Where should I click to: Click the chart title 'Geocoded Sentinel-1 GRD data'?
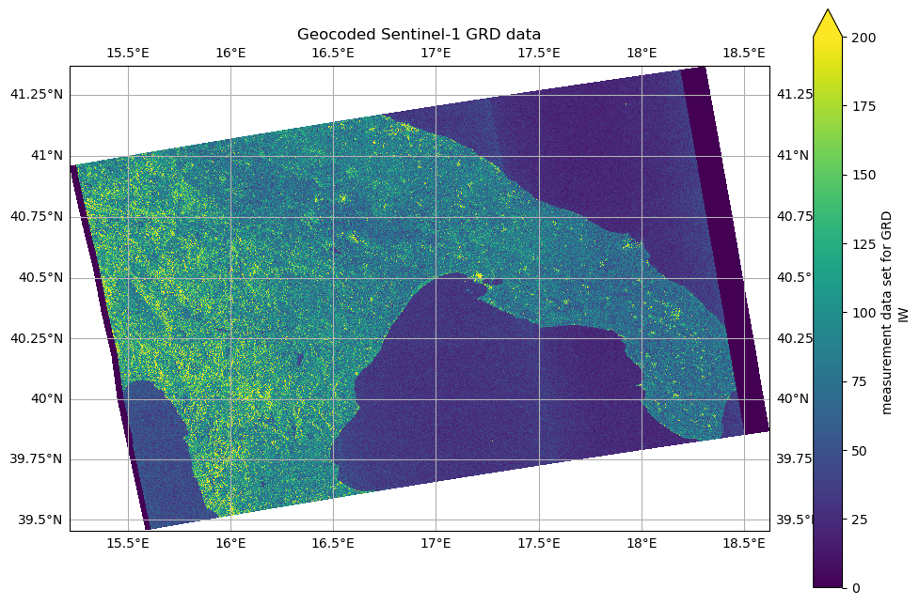coord(419,35)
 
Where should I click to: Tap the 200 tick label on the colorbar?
coord(864,38)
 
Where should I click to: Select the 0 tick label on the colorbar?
coord(854,588)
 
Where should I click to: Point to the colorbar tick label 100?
coord(864,313)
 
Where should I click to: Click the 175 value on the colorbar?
coord(864,106)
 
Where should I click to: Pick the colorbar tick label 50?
coord(860,451)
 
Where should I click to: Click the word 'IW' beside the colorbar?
coord(904,313)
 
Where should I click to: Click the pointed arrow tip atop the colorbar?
coord(827,12)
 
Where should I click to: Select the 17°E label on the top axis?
coord(436,53)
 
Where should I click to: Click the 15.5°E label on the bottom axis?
coord(128,544)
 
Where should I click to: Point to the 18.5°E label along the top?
coord(744,53)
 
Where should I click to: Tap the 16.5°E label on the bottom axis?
coord(333,544)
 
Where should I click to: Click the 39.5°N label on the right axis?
coord(797,520)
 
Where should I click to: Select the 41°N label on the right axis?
coord(791,155)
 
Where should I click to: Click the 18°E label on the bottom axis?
coord(642,544)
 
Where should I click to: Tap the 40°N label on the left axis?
coord(47,398)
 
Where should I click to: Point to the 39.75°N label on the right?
coord(800,459)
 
